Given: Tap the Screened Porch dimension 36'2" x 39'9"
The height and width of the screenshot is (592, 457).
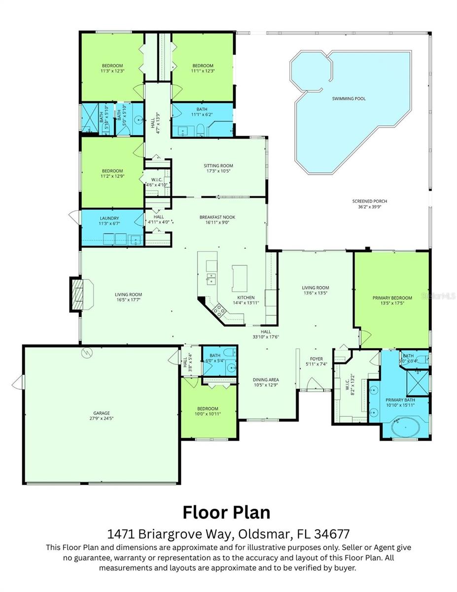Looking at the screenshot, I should pyautogui.click(x=369, y=208).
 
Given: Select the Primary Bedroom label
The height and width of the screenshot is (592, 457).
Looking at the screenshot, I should pyautogui.click(x=392, y=298).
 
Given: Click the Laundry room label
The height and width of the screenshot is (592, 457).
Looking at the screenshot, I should pyautogui.click(x=109, y=218).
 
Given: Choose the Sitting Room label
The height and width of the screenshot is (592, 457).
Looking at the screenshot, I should pyautogui.click(x=218, y=166).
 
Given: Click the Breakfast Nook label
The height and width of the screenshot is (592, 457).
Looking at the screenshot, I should pyautogui.click(x=218, y=217).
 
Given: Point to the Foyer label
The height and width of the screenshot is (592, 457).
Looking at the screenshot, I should pyautogui.click(x=316, y=359).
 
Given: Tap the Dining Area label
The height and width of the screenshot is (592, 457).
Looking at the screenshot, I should pyautogui.click(x=266, y=380).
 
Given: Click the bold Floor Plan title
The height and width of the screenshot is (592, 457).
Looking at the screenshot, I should pyautogui.click(x=226, y=512).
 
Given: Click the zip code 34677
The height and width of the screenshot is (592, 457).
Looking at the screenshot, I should pyautogui.click(x=331, y=534).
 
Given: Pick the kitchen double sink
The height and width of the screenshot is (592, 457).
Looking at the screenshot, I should pyautogui.click(x=211, y=279).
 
